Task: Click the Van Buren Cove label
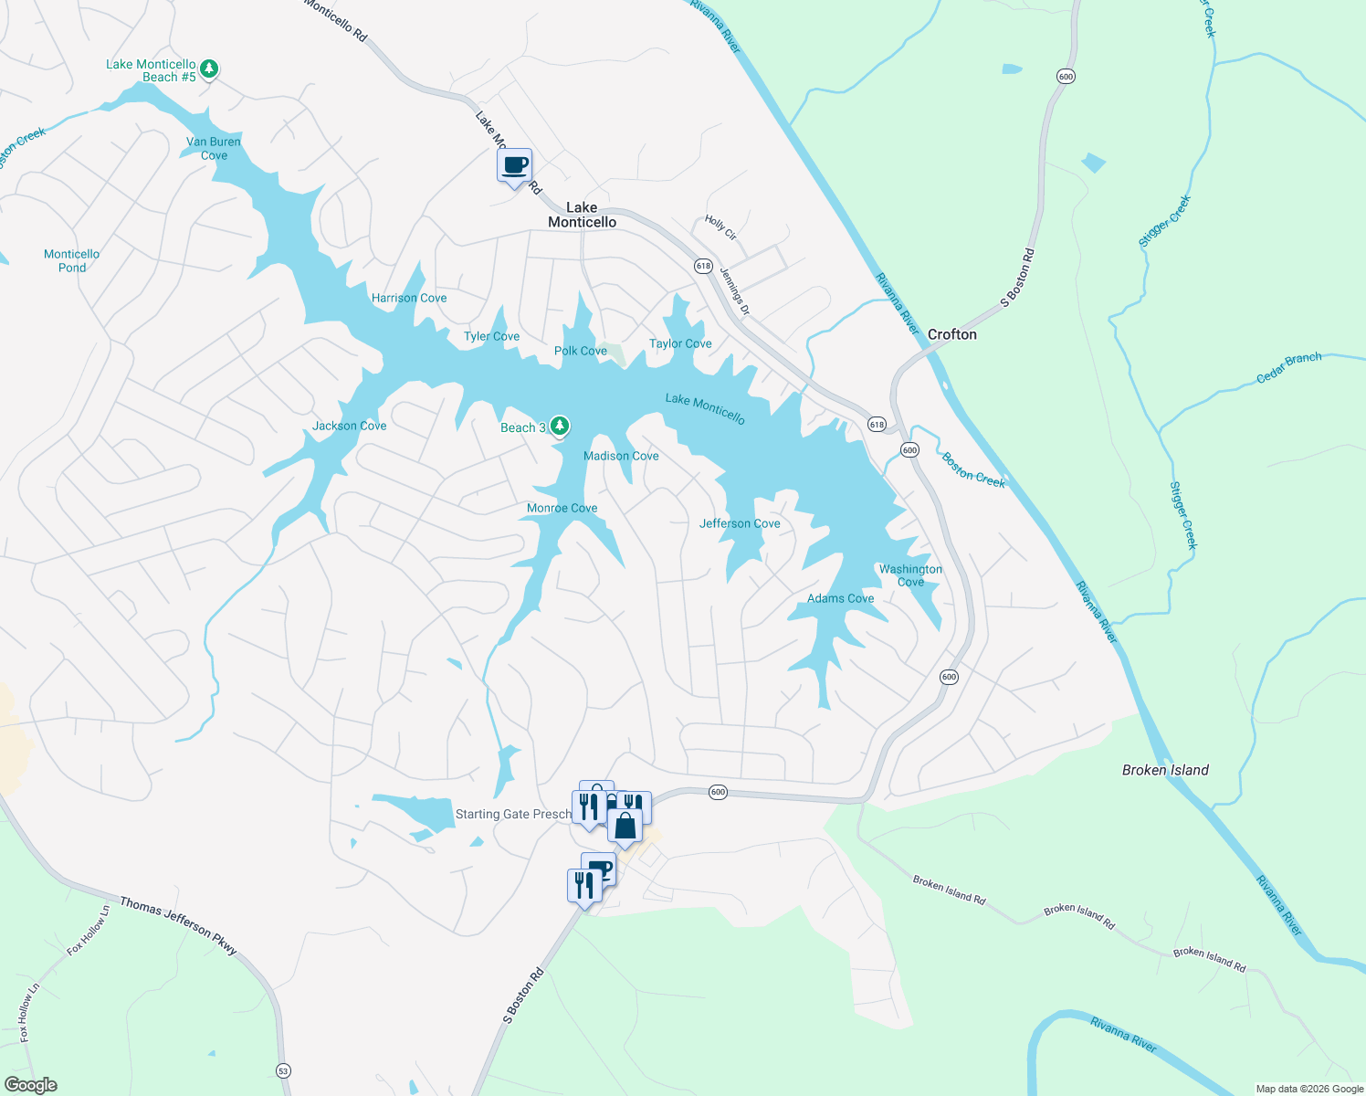click(214, 149)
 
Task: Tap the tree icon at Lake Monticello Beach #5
click(209, 68)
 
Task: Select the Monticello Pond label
click(72, 261)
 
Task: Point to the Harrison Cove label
click(409, 298)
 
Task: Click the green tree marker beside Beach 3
click(560, 427)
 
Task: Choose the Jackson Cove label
click(349, 426)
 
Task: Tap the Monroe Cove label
click(562, 508)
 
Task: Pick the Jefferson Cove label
click(740, 523)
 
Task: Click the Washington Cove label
click(910, 575)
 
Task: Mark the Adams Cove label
click(840, 598)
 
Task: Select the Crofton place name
click(952, 334)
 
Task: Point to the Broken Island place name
click(1165, 770)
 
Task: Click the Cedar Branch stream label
click(1288, 367)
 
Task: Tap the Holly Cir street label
click(720, 227)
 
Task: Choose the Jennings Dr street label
click(734, 291)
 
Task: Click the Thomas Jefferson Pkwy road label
click(178, 926)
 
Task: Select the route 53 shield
click(283, 1070)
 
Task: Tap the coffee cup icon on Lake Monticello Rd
click(515, 166)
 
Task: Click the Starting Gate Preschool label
click(513, 814)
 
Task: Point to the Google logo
click(31, 1084)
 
